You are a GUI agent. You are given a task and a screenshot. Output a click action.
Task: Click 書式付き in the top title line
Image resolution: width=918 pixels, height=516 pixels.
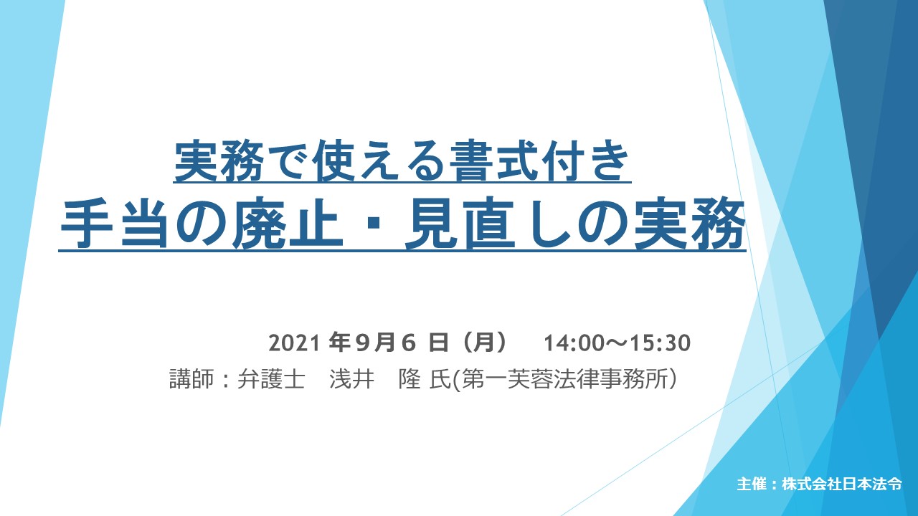point(539,161)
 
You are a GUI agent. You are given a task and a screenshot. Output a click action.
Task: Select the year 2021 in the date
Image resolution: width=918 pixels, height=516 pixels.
point(294,343)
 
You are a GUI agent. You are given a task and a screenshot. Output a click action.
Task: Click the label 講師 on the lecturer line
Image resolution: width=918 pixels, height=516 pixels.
point(191,379)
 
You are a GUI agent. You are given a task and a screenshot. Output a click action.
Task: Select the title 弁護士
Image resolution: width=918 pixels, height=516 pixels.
point(271,379)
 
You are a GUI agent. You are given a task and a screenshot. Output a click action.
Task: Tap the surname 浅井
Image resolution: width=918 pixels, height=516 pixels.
point(351,379)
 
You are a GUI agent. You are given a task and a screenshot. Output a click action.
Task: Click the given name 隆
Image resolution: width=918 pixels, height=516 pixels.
point(410,379)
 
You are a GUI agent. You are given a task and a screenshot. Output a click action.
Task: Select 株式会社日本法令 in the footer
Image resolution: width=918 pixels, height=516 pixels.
point(841,484)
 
